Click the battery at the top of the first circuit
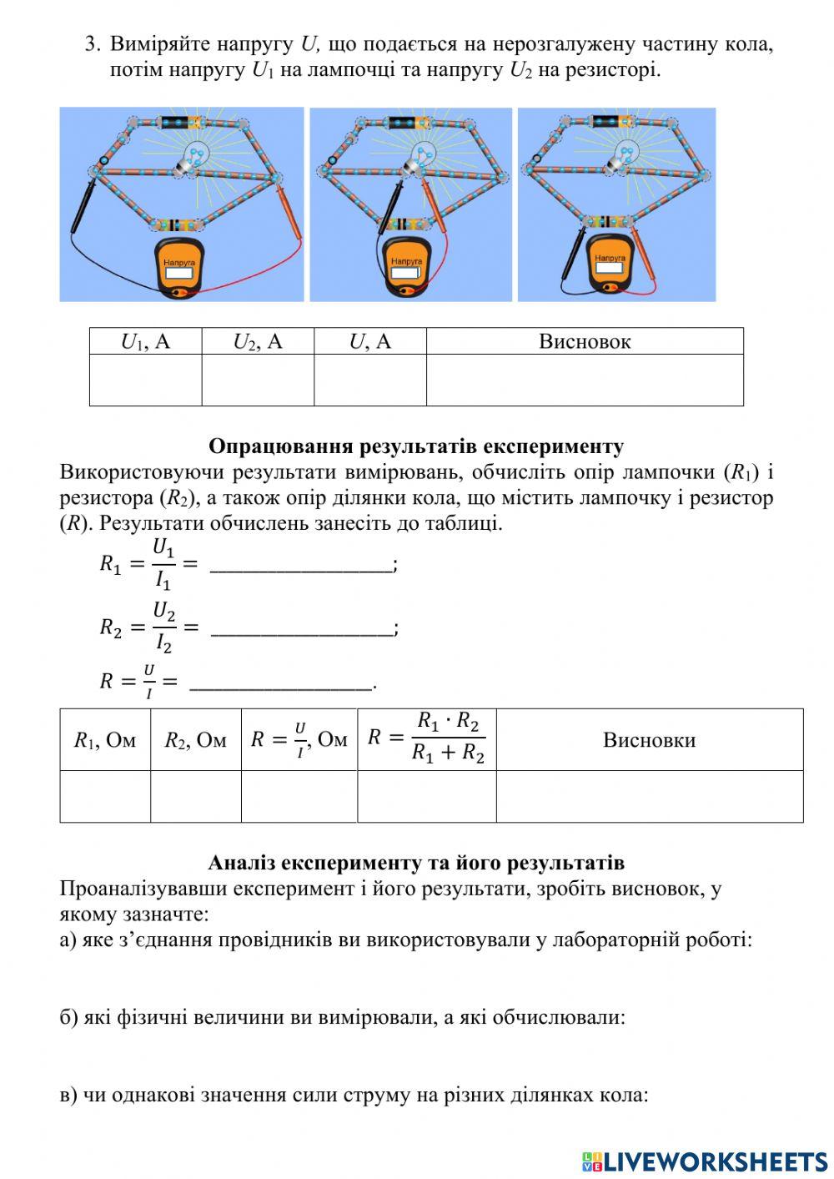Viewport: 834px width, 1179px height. tap(180, 123)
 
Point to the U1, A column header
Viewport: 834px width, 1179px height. tap(146, 341)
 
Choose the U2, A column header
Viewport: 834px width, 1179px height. tap(258, 341)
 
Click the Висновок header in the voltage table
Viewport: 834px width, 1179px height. tap(585, 341)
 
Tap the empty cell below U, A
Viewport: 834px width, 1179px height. tap(369, 380)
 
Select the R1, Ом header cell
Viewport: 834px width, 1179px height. tap(105, 740)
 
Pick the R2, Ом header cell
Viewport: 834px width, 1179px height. tap(196, 740)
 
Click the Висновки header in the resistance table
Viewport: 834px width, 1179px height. tap(649, 740)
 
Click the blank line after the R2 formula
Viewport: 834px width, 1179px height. tap(301, 628)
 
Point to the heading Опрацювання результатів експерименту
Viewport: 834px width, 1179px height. tap(415, 446)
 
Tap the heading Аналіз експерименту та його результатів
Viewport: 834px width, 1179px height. tap(415, 862)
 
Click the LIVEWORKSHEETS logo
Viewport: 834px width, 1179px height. tap(705, 1161)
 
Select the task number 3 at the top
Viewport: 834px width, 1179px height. tap(93, 44)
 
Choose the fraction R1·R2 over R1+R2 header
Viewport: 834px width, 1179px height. tap(427, 739)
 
